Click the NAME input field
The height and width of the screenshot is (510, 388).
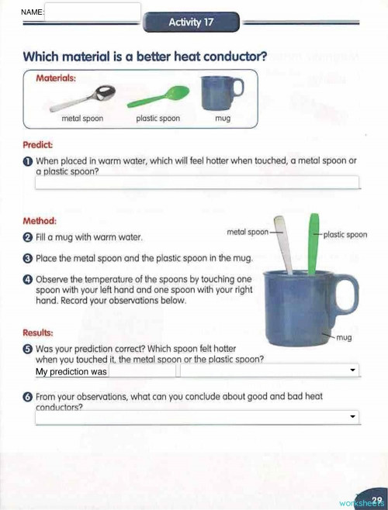pos(93,12)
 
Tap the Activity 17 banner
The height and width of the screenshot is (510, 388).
pos(191,22)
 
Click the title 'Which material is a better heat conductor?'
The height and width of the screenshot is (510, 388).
pos(146,57)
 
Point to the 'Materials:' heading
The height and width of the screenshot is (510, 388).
pos(55,78)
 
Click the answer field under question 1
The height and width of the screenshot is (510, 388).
pos(198,183)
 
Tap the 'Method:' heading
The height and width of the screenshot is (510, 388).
pos(40,220)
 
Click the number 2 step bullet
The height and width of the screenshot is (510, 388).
pos(28,237)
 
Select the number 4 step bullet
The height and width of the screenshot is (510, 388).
pos(28,279)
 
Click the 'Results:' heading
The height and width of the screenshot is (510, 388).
pos(39,333)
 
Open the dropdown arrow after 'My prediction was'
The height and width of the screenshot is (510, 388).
pos(354,371)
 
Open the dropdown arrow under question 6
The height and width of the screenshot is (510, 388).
pos(354,417)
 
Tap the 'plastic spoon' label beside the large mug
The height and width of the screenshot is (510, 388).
pos(345,234)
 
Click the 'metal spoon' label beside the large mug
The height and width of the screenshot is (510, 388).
pos(248,232)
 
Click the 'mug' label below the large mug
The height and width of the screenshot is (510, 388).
pos(345,338)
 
